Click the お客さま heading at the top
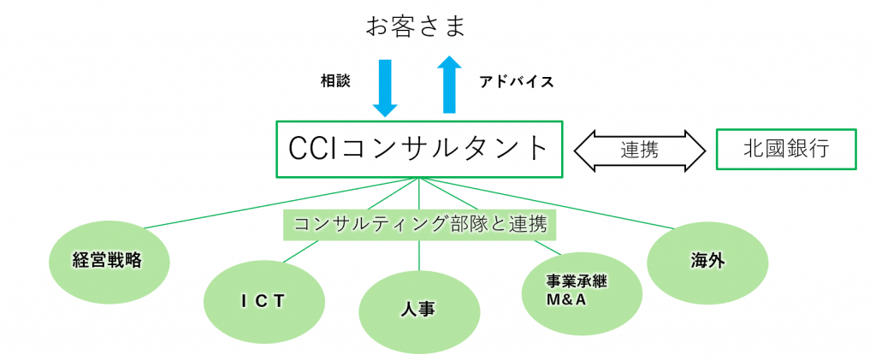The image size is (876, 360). point(415,27)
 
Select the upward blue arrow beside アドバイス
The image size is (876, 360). point(449,84)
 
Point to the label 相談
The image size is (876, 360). point(335,81)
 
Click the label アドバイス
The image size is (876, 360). point(517,82)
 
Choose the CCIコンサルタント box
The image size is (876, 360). point(419,150)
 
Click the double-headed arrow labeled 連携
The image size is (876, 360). point(640,150)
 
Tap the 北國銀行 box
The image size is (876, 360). point(786,149)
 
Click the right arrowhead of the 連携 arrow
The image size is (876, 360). point(693,150)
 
